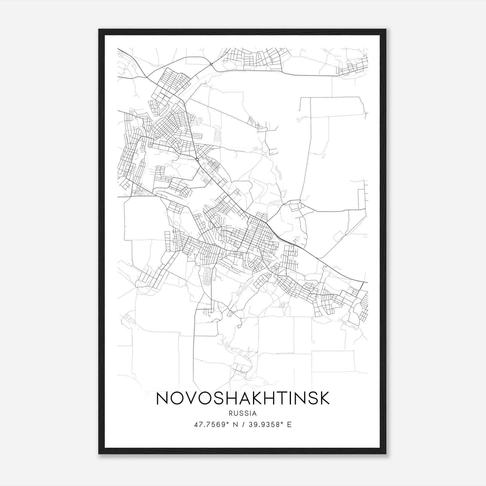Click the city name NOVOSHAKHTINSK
[x=243, y=398]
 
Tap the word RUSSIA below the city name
[x=243, y=413]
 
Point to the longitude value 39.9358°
[x=266, y=425]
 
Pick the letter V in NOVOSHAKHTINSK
[x=191, y=398]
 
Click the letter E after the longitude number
[x=289, y=425]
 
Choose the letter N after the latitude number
[x=235, y=425]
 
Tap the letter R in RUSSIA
[x=231, y=413]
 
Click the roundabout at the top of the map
[x=210, y=64]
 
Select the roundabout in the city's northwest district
[x=197, y=159]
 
